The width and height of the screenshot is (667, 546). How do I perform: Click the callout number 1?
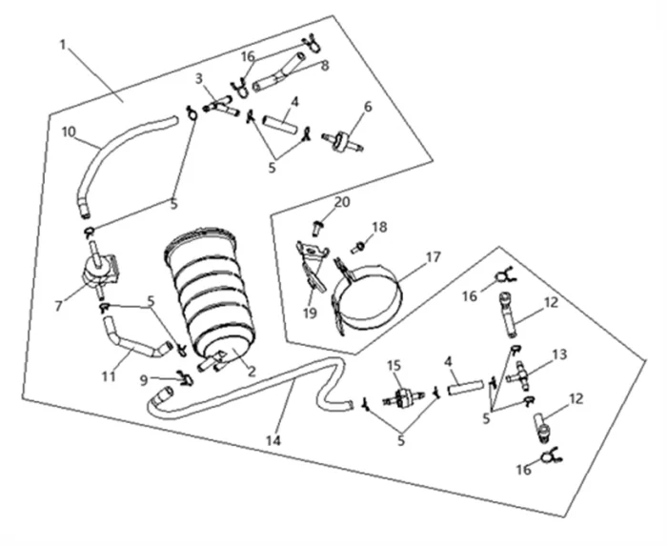(x=64, y=45)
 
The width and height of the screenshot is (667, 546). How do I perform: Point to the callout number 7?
(x=59, y=306)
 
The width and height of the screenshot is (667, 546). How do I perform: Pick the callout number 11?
(x=109, y=377)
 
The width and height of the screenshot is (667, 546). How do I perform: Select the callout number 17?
(x=434, y=256)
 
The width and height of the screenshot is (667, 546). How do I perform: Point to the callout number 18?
(x=379, y=227)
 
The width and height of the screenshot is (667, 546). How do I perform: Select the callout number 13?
(x=559, y=354)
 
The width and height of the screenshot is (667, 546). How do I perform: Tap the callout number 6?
(x=368, y=107)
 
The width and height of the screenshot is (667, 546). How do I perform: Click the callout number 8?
(x=325, y=66)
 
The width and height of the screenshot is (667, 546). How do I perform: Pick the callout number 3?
(x=199, y=77)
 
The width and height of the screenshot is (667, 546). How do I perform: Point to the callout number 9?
(x=143, y=379)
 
